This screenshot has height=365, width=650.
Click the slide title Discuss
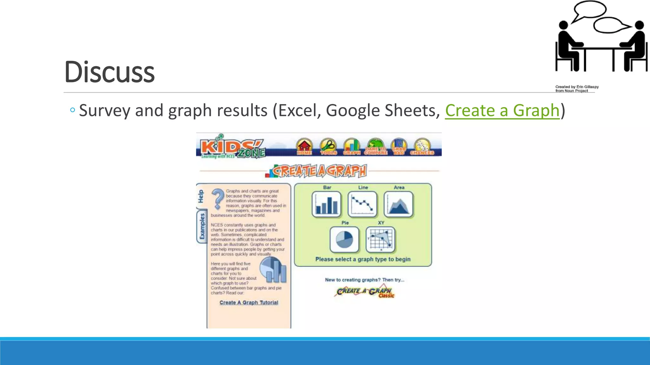coord(109,72)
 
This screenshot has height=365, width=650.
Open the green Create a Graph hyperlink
coord(502,111)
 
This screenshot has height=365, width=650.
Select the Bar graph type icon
coord(327,204)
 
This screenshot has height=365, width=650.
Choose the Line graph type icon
coord(362,204)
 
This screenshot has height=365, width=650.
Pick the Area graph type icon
coord(399,204)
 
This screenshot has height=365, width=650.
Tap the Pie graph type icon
coord(344,239)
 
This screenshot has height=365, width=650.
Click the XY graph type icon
coord(381,239)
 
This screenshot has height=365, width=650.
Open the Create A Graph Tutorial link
coord(249,303)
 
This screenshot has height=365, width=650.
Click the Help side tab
coord(201,196)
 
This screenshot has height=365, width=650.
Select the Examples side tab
coord(202,227)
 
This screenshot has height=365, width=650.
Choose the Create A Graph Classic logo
coord(365,292)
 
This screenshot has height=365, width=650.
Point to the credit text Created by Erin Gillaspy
coord(577,87)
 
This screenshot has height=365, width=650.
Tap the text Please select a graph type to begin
coord(363,259)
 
